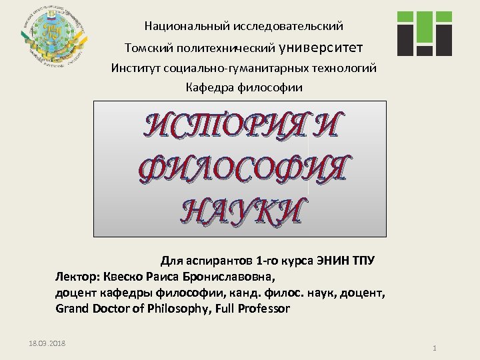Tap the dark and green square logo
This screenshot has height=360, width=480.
424,33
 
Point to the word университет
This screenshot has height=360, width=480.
321,47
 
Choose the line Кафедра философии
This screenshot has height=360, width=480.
243,87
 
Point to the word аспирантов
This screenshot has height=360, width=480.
220,259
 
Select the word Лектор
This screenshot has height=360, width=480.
75,276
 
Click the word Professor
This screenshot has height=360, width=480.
261,309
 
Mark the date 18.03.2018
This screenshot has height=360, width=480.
47,343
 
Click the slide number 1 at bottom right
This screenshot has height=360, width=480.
434,349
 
